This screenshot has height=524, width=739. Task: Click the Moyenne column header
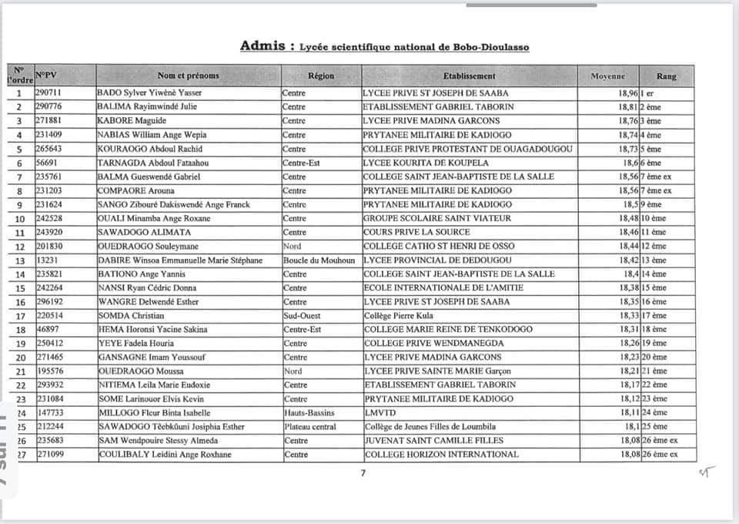pyautogui.click(x=607, y=76)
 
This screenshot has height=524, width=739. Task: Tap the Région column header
pyautogui.click(x=321, y=76)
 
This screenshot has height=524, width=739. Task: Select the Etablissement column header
pyautogui.click(x=470, y=76)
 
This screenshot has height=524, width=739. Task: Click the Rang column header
pyautogui.click(x=666, y=76)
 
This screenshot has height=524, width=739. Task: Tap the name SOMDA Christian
pyautogui.click(x=131, y=315)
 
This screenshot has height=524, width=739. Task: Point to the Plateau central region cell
pyautogui.click(x=309, y=426)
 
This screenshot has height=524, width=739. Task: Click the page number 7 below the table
pyautogui.click(x=363, y=474)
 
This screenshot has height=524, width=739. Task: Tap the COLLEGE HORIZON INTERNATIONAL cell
pyautogui.click(x=441, y=455)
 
